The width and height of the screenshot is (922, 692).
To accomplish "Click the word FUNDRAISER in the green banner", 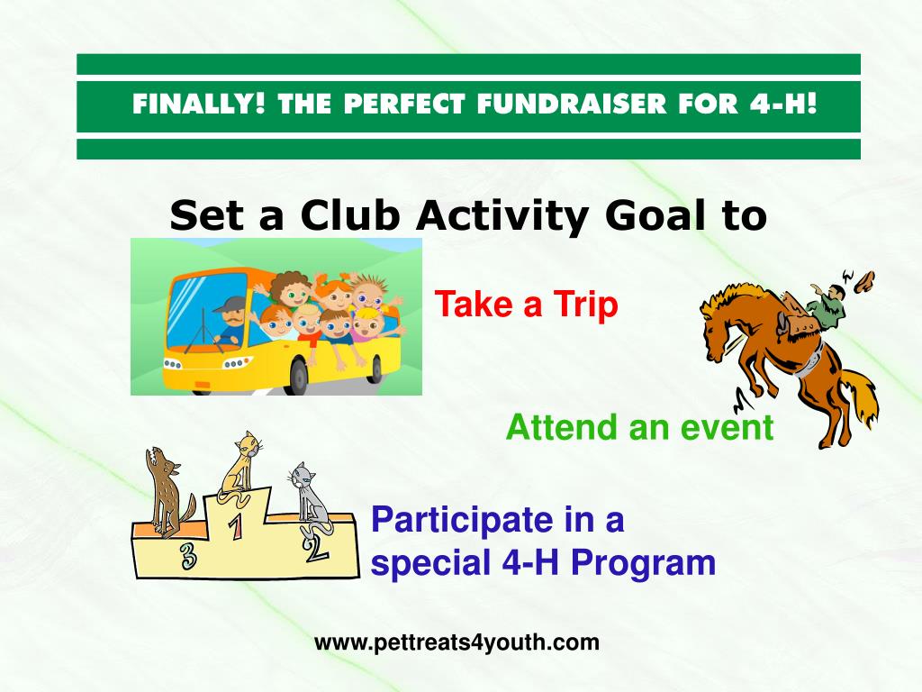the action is pyautogui.click(x=572, y=105).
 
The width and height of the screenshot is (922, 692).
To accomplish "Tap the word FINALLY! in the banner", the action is pyautogui.click(x=199, y=105).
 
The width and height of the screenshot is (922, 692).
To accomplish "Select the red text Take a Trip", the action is pyautogui.click(x=526, y=305).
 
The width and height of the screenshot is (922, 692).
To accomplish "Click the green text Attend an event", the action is pyautogui.click(x=639, y=427).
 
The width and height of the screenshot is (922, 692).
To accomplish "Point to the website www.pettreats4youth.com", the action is pyautogui.click(x=456, y=642).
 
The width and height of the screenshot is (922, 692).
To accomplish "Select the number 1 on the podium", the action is pyautogui.click(x=236, y=525).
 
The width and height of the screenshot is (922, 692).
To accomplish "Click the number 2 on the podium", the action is pyautogui.click(x=315, y=548).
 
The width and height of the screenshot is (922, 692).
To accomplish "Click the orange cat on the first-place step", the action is pyautogui.click(x=241, y=468).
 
